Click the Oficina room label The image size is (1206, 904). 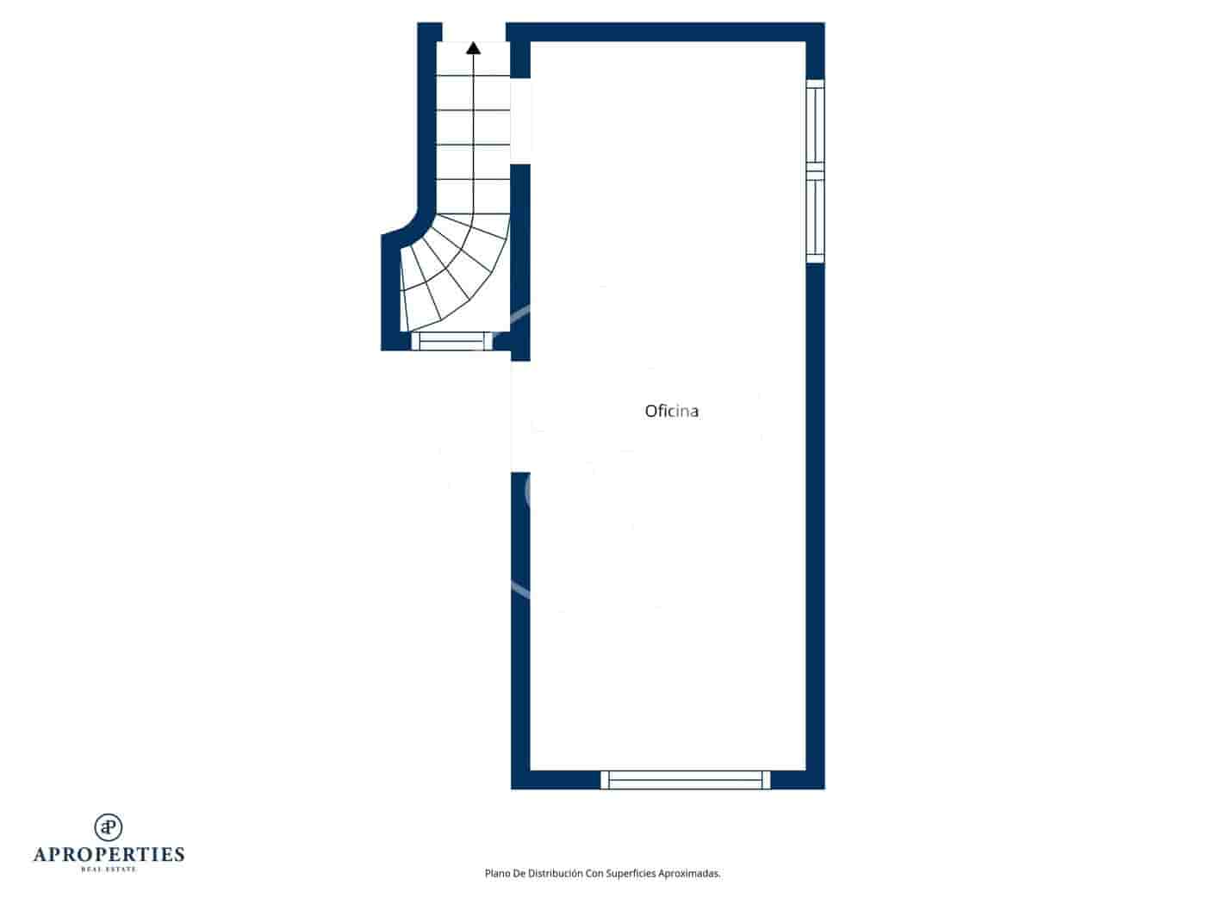click(671, 412)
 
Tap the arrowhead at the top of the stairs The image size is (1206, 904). click(473, 48)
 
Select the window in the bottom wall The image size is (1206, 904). click(685, 780)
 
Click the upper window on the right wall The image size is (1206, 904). click(815, 121)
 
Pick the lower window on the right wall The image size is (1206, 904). click(815, 216)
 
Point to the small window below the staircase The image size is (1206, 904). click(452, 342)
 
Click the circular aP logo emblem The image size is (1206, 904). click(109, 827)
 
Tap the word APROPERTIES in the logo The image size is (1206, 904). click(109, 854)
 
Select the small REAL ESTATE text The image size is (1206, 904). click(109, 869)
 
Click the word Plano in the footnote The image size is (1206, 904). click(499, 874)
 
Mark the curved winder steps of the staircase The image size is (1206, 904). click(448, 271)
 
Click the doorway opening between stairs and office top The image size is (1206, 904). click(520, 120)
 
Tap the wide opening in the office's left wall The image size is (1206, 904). click(520, 416)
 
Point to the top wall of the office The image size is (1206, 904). click(668, 32)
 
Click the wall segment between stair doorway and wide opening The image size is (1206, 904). click(520, 258)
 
